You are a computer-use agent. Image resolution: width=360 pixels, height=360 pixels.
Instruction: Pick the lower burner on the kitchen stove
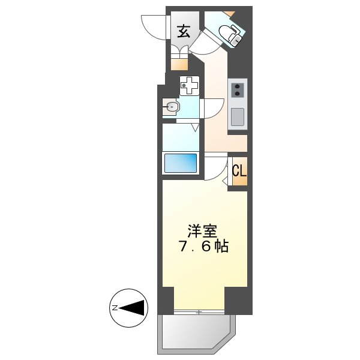point(237,94)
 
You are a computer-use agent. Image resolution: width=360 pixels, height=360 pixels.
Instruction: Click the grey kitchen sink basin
point(238,116)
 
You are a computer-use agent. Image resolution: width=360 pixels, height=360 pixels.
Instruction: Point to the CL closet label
point(239,170)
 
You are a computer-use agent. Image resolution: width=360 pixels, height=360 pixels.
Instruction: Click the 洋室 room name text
point(202,231)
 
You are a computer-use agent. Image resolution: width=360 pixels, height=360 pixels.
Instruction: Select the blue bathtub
point(181,163)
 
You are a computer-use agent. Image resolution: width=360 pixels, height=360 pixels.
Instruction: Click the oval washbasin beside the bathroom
point(172,108)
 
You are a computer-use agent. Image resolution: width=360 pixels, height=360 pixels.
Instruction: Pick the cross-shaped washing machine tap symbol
point(189,86)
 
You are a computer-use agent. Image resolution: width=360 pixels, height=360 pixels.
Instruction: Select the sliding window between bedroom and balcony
point(199,312)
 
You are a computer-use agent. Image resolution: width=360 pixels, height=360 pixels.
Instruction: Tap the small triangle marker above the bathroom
point(196,128)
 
